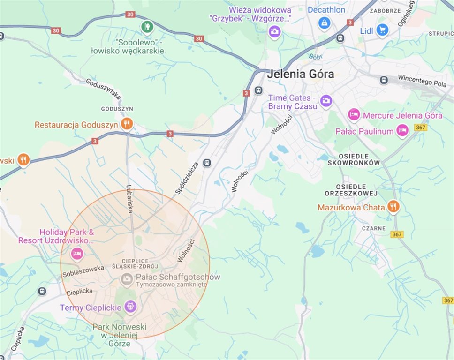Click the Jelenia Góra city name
[x=301, y=74]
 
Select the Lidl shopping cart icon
[x=382, y=30]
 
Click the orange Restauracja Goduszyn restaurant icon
[x=126, y=124]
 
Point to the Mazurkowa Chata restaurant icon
[x=393, y=207]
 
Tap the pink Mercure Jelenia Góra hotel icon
[x=354, y=114]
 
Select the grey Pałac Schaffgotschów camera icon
[x=126, y=279]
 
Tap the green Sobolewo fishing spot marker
[x=147, y=26]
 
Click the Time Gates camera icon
[x=326, y=101]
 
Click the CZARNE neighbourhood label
[x=374, y=228]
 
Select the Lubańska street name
[x=130, y=199]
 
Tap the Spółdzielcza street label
[x=187, y=178]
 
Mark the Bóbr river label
[x=316, y=56]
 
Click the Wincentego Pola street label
[x=422, y=81]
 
